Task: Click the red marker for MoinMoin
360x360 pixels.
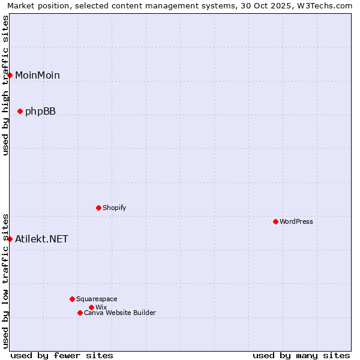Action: (x=10, y=75)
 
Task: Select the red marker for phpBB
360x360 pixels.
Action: (x=20, y=111)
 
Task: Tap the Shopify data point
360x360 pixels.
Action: (x=98, y=208)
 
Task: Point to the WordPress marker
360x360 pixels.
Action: (x=275, y=221)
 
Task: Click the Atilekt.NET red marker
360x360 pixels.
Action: (x=10, y=239)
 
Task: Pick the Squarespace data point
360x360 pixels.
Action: (x=72, y=299)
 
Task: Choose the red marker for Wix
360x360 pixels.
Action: (x=91, y=307)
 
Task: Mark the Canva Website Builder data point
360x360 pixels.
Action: (x=80, y=313)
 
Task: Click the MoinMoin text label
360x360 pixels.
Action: (x=37, y=75)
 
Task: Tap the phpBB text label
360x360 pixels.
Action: (x=40, y=111)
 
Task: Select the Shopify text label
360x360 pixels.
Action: (x=114, y=208)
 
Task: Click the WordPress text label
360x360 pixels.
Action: (x=296, y=221)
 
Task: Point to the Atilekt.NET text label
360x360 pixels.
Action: (x=41, y=239)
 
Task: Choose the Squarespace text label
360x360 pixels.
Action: (x=97, y=299)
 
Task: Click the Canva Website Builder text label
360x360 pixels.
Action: (x=120, y=313)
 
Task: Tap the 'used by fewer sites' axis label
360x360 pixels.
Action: (x=62, y=355)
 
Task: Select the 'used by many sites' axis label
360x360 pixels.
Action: (x=301, y=355)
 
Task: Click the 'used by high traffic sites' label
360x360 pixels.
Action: (x=5, y=85)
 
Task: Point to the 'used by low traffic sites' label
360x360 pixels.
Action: (x=5, y=281)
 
